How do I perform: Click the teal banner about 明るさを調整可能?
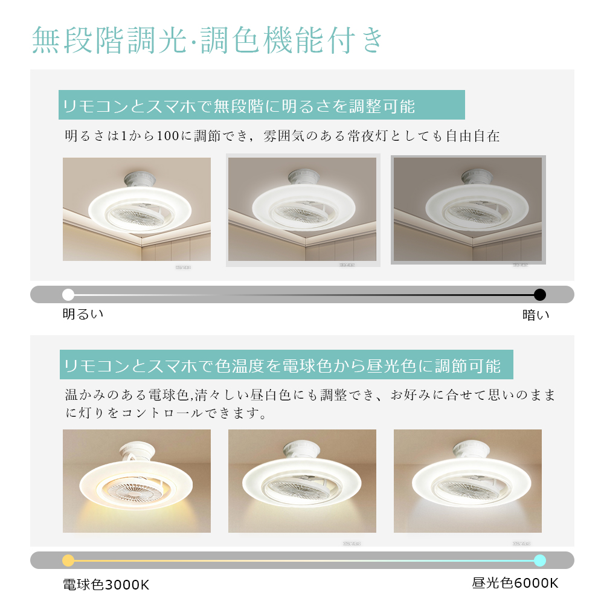click(261, 106)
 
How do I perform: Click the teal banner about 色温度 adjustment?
click(285, 365)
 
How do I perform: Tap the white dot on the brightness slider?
click(68, 295)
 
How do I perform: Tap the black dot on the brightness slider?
click(540, 295)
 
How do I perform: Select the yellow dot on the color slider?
click(68, 560)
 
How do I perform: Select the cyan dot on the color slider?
click(540, 560)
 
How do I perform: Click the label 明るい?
click(83, 314)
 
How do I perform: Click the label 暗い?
click(536, 315)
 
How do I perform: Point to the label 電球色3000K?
click(106, 585)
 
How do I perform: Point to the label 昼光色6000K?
click(515, 583)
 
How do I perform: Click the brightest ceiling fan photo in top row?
click(137, 209)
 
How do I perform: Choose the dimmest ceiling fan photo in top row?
click(468, 210)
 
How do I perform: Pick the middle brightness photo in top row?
click(302, 210)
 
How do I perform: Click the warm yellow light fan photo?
click(137, 481)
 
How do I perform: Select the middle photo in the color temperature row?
click(302, 481)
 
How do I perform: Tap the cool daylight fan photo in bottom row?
click(467, 481)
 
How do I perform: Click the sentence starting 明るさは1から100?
click(282, 136)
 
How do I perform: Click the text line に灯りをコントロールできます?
click(167, 414)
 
